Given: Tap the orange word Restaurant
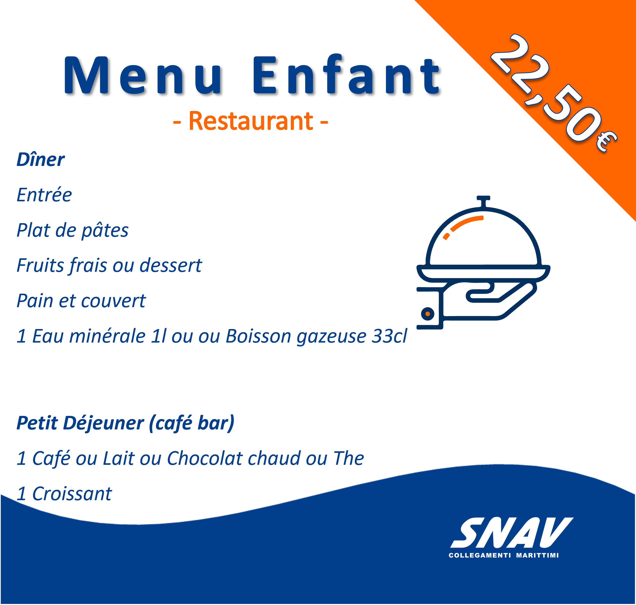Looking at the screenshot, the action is [x=250, y=121].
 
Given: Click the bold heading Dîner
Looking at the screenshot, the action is [x=41, y=160].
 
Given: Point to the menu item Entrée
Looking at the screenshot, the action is [x=44, y=195].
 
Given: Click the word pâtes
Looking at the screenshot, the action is [x=105, y=231].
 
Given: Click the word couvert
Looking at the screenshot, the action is [x=113, y=301].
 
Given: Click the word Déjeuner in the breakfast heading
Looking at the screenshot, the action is [x=104, y=423].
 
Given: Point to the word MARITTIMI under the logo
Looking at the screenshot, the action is [x=537, y=555].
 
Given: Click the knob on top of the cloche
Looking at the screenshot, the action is [x=484, y=201].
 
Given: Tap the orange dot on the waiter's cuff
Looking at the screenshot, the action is [x=428, y=314].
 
